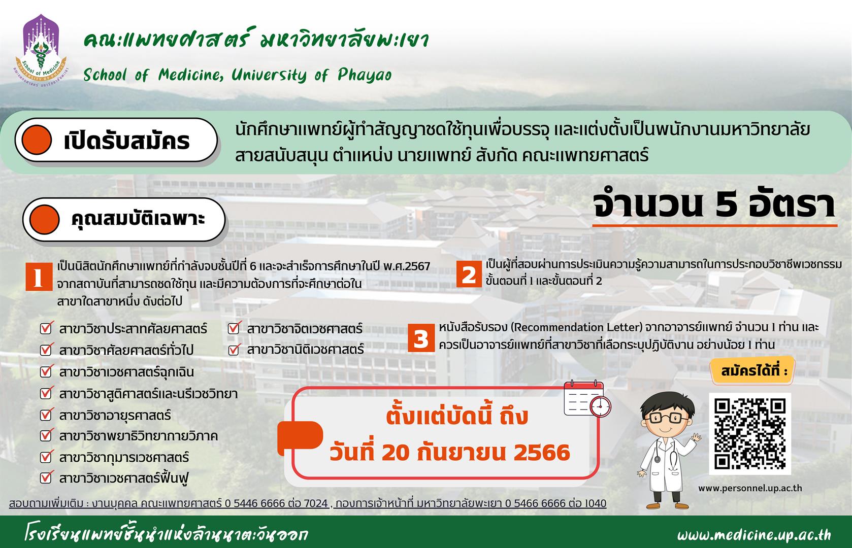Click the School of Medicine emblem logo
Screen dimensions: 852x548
41,51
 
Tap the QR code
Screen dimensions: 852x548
749,434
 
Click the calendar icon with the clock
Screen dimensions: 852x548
587,399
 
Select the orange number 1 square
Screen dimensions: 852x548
39,277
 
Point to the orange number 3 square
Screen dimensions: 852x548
421,338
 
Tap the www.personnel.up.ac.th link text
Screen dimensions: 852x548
750,488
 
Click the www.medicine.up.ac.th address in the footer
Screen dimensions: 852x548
754,535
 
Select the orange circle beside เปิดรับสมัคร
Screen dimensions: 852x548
37,140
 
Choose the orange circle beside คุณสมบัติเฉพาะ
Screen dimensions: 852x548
45,219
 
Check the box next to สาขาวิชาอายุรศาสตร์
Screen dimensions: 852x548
46,414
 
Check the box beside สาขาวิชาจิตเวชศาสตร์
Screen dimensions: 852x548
234,327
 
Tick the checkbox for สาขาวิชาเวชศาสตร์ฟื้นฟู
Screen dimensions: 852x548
46,477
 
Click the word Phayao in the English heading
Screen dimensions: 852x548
365,75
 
